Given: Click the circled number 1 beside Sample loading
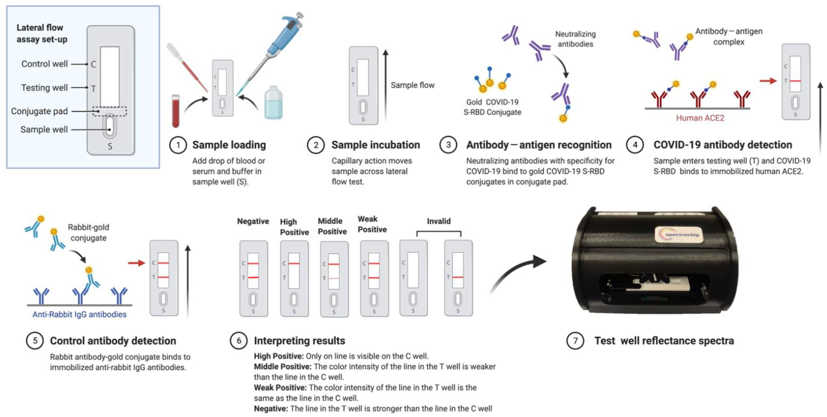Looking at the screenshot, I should tap(178, 145).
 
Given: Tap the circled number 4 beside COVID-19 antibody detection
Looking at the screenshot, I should tap(635, 145).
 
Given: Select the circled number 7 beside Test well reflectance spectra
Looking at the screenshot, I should tap(575, 340).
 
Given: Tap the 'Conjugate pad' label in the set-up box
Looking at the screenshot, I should tap(39, 111).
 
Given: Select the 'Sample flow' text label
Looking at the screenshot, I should tap(412, 85).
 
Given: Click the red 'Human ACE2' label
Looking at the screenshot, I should tap(700, 118).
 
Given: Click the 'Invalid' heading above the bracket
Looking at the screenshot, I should tap(439, 221).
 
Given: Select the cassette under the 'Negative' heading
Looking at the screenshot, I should tap(253, 278).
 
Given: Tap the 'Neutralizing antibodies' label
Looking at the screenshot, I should tap(575, 39).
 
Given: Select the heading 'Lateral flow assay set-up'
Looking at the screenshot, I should tap(42, 33).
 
